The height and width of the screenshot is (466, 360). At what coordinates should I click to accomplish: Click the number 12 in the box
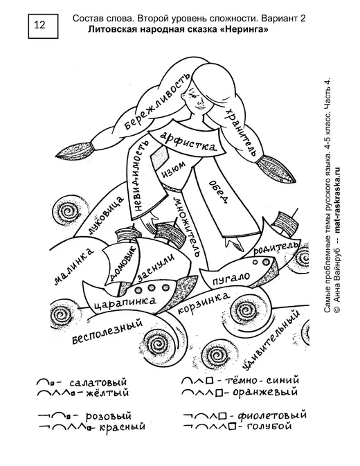coord(39,25)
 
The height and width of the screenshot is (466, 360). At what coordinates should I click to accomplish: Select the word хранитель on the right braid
coord(241,132)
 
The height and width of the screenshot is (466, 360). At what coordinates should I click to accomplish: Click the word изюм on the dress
coord(174,170)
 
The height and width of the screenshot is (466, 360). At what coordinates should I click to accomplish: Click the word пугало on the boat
coord(231,278)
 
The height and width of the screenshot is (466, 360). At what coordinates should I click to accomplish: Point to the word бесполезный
coord(107,331)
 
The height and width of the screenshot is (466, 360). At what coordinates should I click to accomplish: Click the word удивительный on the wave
coord(270,341)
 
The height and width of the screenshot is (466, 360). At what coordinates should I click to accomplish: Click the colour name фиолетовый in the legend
coord(272,415)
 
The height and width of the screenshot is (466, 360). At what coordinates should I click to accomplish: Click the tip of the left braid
coord(57,155)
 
